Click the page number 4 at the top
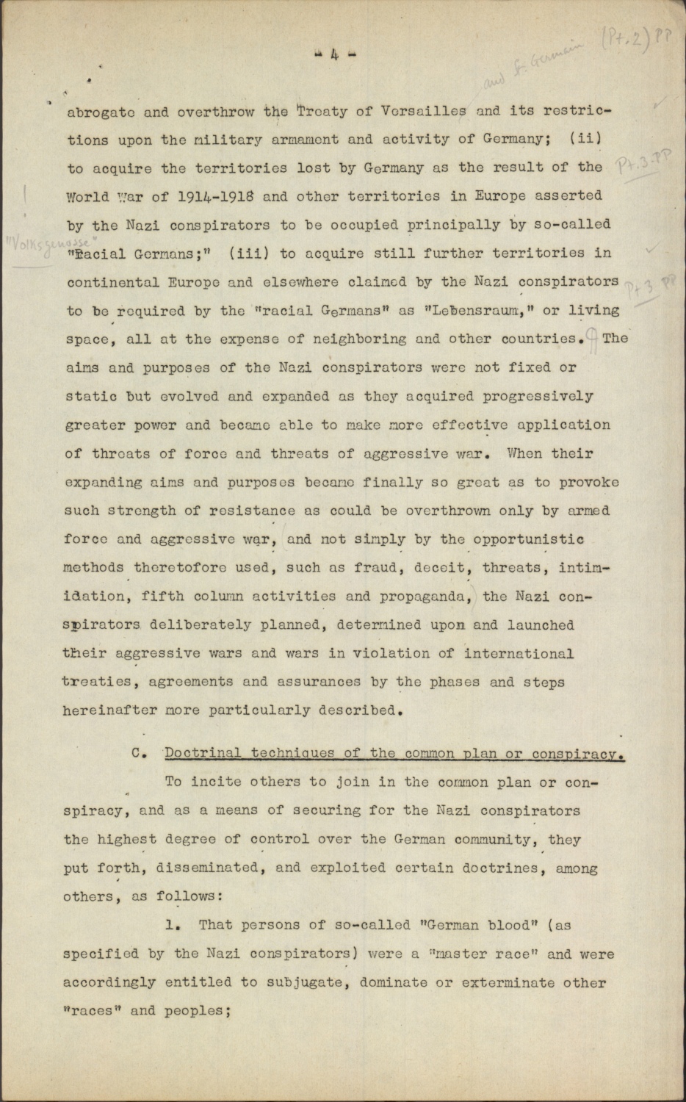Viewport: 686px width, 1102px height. click(334, 54)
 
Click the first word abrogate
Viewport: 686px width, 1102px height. click(101, 113)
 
